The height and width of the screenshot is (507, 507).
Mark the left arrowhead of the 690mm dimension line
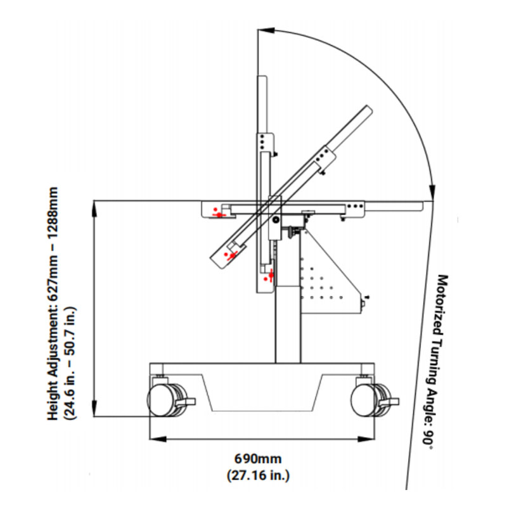click(x=154, y=438)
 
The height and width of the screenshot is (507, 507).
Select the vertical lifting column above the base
click(x=287, y=323)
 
